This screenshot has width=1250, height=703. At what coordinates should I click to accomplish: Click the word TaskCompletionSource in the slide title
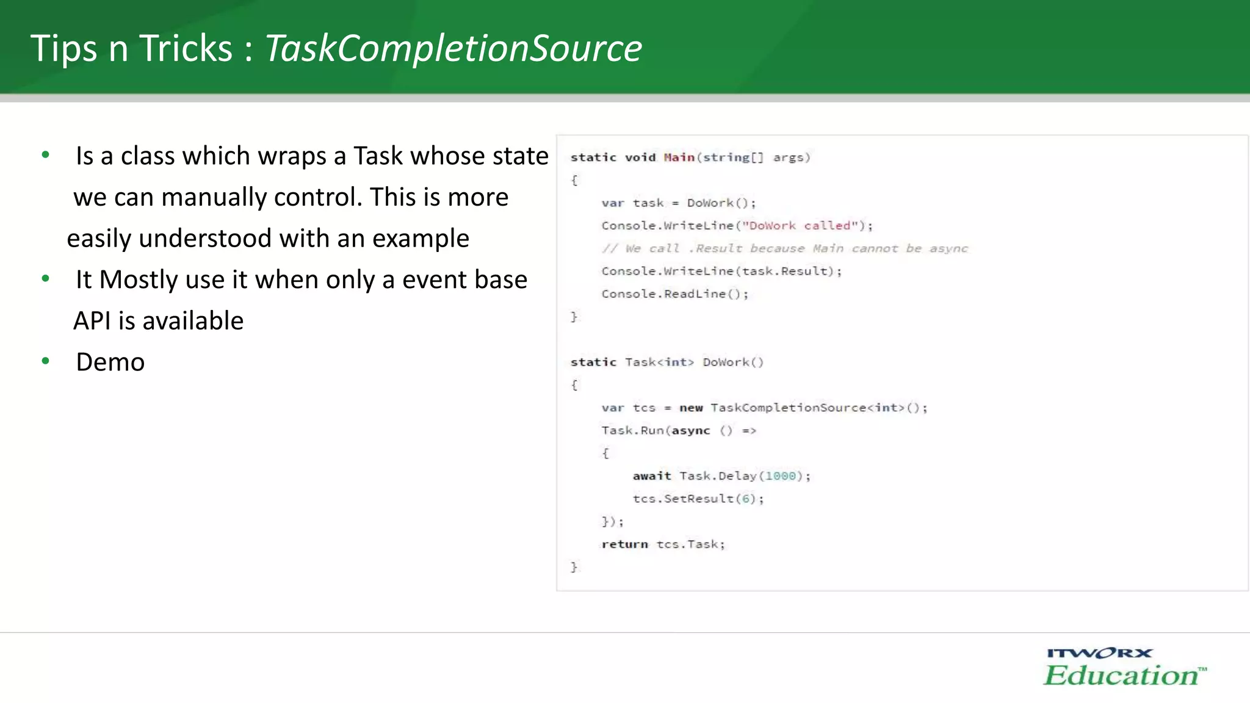click(x=453, y=49)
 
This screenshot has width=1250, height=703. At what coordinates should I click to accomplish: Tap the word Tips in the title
click(x=63, y=49)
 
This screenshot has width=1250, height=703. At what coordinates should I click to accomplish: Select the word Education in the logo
click(x=1122, y=676)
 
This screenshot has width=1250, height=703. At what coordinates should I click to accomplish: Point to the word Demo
click(x=110, y=362)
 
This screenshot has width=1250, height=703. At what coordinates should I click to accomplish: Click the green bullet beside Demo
click(x=45, y=361)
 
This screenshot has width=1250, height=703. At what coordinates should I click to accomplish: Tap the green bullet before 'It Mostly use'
click(x=45, y=279)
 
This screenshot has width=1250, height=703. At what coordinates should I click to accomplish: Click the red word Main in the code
click(x=679, y=157)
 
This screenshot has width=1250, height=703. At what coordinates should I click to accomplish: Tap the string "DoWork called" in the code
click(x=800, y=226)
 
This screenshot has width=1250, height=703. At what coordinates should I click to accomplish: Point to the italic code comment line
click(x=784, y=248)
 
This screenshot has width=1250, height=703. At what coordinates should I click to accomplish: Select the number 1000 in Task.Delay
click(x=781, y=476)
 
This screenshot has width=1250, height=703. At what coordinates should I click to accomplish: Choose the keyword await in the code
click(x=651, y=476)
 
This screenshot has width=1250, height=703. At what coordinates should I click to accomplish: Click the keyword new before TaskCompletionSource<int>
click(x=691, y=408)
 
